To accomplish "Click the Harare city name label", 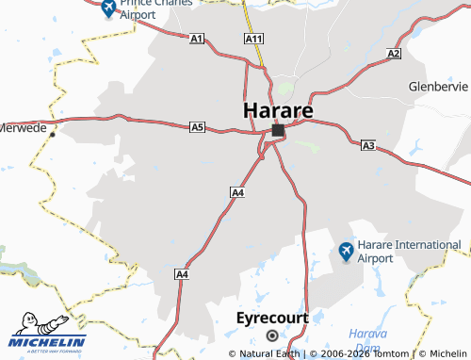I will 278,109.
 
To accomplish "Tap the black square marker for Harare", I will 277,130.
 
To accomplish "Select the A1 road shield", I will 197,39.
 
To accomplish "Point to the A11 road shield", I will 253,39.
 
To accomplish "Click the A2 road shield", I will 394,54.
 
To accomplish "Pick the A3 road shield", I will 368,145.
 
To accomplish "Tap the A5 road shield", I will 197,126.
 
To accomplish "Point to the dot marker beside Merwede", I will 53,134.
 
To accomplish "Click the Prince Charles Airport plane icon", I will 107,10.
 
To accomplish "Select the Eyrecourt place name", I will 272,318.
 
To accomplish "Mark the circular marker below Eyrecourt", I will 272,335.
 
